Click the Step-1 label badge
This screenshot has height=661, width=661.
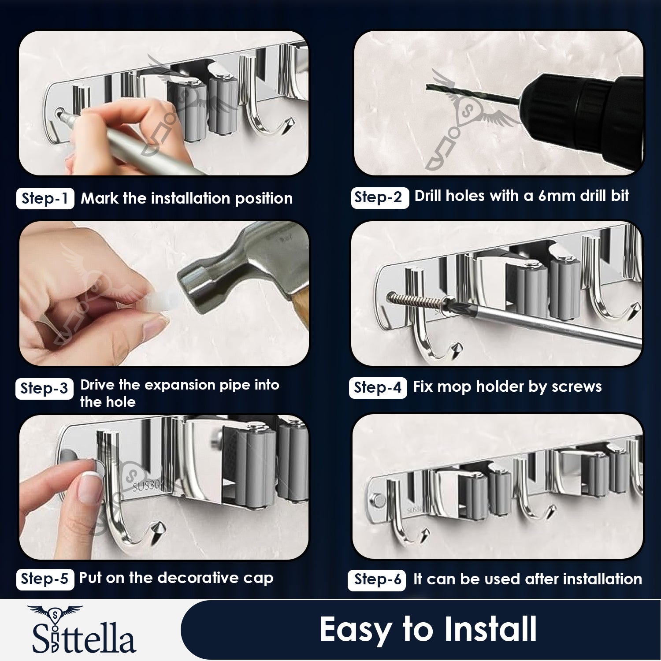coord(45,199)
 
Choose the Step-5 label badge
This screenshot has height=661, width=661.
coord(45,579)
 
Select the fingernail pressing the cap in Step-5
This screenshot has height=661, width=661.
coord(90,487)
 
